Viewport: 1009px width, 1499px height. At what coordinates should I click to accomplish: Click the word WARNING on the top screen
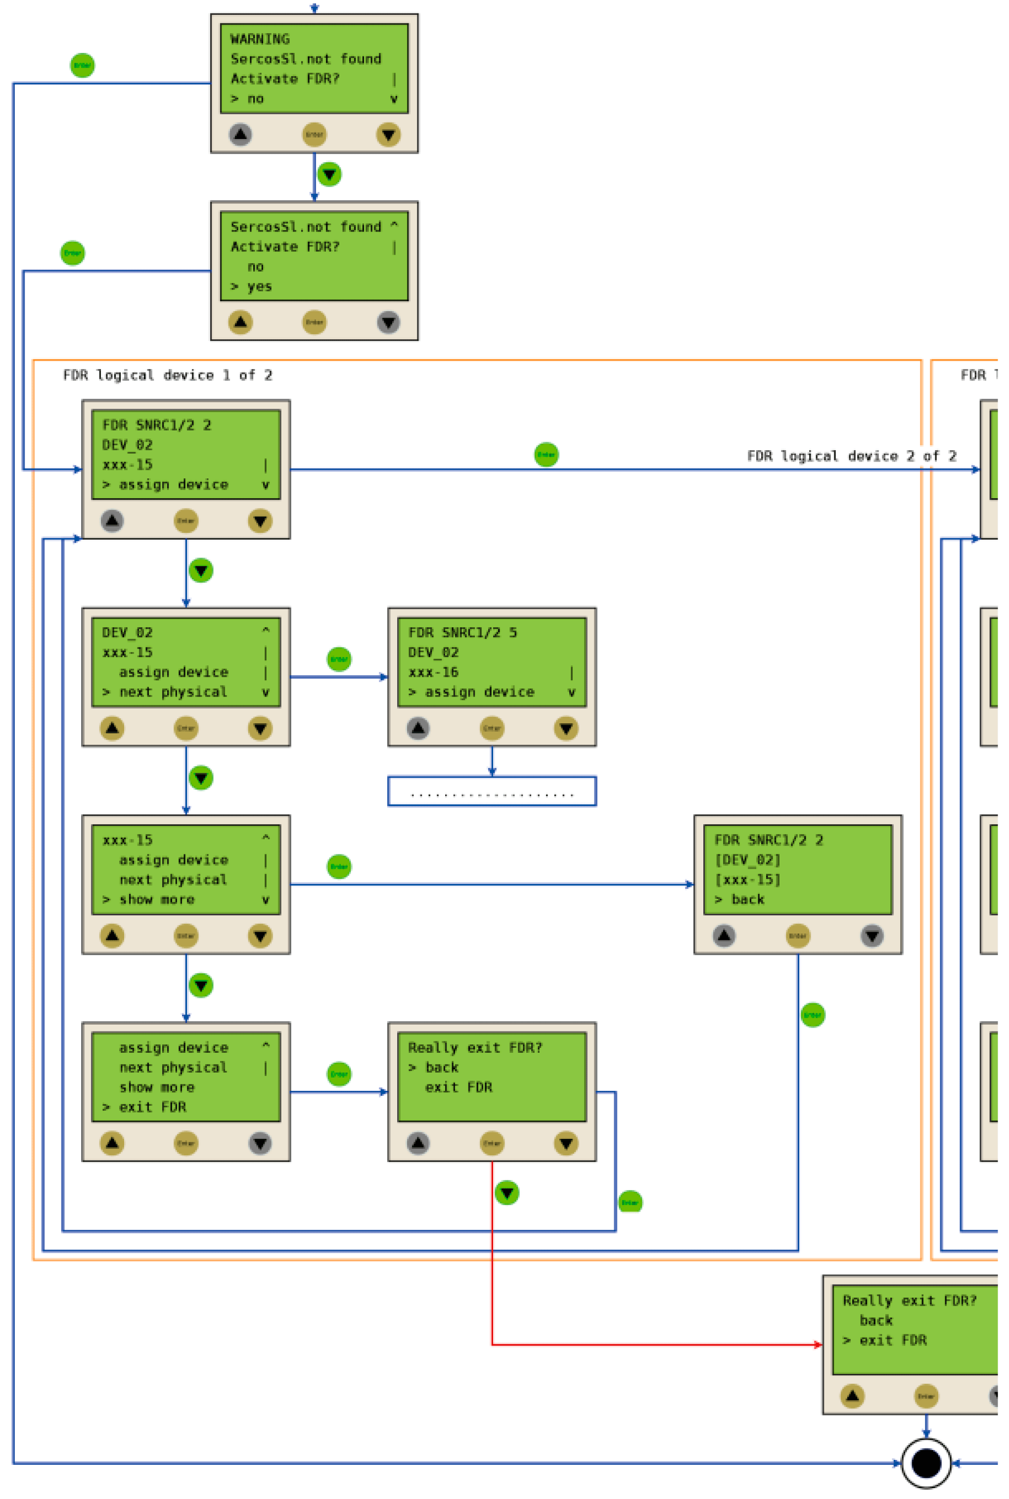pos(260,39)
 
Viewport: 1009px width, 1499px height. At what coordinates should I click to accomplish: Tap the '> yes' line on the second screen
pos(252,286)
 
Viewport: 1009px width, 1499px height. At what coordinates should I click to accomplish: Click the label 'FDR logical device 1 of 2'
pos(167,375)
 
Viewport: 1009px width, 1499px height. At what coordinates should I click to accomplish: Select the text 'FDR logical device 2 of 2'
pos(851,456)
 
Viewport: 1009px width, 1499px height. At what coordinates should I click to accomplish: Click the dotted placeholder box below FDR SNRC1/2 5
pos(492,791)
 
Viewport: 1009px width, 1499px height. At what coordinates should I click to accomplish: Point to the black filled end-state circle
pos(926,1463)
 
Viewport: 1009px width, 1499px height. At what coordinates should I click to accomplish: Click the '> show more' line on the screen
pos(149,899)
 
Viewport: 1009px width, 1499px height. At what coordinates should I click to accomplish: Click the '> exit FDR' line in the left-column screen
pos(145,1107)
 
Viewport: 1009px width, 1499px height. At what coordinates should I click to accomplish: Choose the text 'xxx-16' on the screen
pos(433,672)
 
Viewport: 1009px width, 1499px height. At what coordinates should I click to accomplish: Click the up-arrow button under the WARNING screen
pos(240,135)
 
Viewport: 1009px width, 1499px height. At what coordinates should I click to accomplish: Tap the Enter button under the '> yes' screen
pos(314,322)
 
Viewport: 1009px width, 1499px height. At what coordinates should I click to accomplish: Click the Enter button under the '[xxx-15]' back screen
pos(797,935)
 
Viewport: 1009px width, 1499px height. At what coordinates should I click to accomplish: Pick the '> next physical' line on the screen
pos(165,692)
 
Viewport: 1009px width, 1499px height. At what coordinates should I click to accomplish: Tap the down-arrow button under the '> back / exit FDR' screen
pos(566,1143)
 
